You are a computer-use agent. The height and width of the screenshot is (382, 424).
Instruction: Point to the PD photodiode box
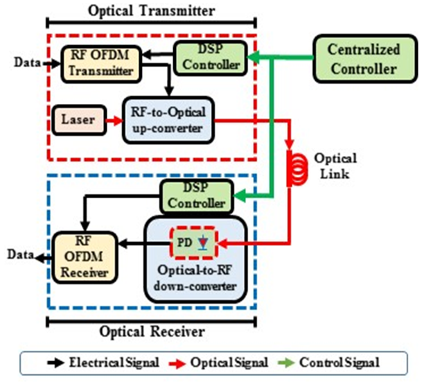point(195,243)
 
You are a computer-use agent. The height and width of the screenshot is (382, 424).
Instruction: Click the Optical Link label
point(335,166)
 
